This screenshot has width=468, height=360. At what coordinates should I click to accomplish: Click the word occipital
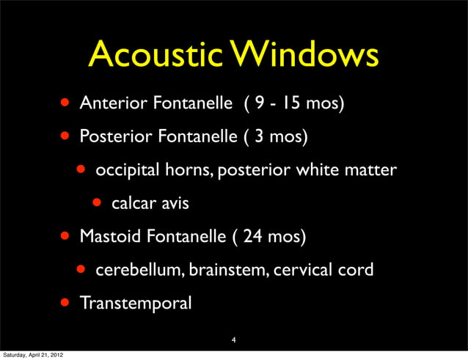pyautogui.click(x=123, y=170)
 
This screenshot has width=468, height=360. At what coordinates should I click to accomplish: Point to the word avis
pyautogui.click(x=173, y=203)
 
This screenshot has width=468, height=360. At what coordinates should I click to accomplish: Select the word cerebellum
pyautogui.click(x=139, y=270)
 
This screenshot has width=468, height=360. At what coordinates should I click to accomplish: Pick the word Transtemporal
pyautogui.click(x=136, y=303)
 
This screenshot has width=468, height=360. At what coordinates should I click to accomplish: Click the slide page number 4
pyautogui.click(x=233, y=339)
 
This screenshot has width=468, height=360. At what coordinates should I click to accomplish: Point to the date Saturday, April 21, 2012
pyautogui.click(x=32, y=355)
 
